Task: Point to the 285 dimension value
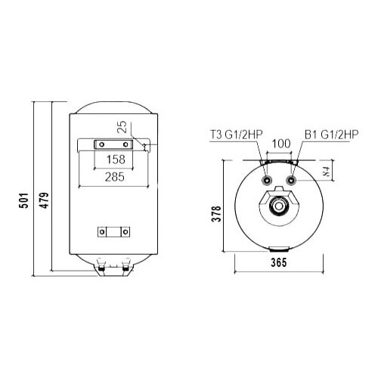tap(113, 178)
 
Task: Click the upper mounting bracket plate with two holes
tap(111, 144)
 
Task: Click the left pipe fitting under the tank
tap(101, 265)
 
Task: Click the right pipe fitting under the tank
tap(123, 265)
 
